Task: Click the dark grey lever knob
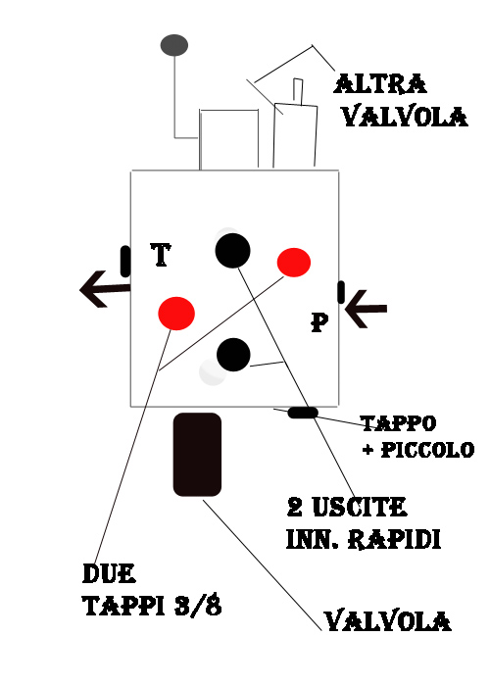point(174,45)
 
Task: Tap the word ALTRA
point(380,83)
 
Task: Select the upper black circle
point(233,250)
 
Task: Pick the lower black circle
point(233,355)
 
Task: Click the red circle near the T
point(176,314)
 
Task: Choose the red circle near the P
point(294,263)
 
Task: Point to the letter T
point(161,255)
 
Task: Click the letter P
point(319,322)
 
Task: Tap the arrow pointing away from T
point(105,289)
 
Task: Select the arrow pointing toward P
point(366,309)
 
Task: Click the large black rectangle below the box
point(197,455)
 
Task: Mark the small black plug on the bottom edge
point(303,413)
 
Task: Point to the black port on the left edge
point(125,262)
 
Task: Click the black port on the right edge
point(341,292)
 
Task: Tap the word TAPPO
point(399,423)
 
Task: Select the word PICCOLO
point(427,450)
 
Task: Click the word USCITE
point(360,507)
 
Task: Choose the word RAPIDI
point(394,539)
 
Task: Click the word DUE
point(109,573)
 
